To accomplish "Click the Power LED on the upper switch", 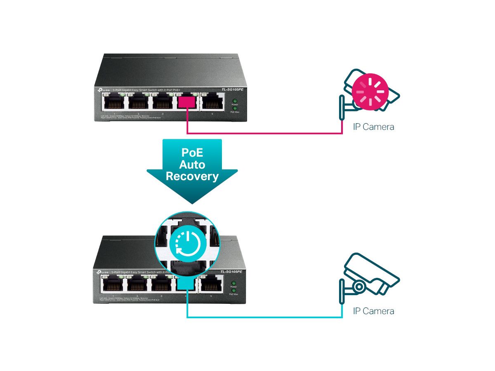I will pos(235,101).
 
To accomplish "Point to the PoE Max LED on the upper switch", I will pos(235,108).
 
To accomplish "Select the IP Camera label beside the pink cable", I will pos(373,127).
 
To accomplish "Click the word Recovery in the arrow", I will pos(192,177).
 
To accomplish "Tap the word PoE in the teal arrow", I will pos(192,152).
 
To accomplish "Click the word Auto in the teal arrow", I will pos(192,164).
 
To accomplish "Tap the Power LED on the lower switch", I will pos(234,283).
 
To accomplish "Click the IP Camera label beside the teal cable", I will pos(373,310).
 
